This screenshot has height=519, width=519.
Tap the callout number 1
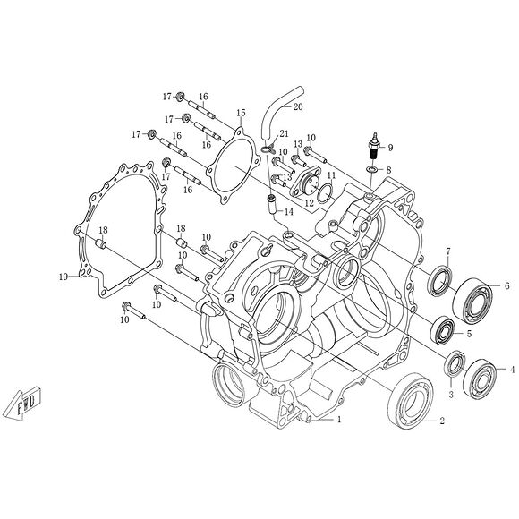coord(339,419)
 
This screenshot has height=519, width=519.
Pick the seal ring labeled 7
coord(439,282)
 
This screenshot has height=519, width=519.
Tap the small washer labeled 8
coord(372,170)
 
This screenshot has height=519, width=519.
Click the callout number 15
coord(241,113)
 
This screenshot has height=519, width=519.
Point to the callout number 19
coord(64,277)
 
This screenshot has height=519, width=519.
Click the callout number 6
coord(506,286)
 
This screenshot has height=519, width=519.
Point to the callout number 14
coord(289,212)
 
